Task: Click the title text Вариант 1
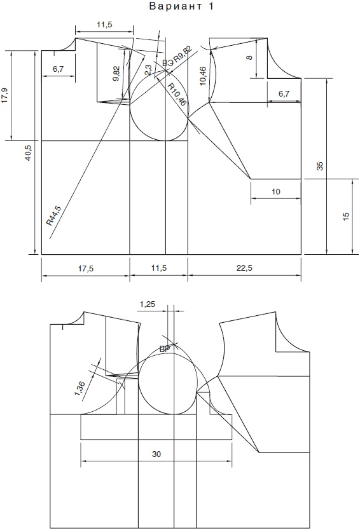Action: point(181,6)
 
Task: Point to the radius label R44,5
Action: point(54,215)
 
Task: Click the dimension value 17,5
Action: point(86,268)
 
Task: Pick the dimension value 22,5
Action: point(245,268)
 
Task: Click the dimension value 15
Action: point(346,217)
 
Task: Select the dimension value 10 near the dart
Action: point(276,192)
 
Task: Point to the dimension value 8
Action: point(250,57)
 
